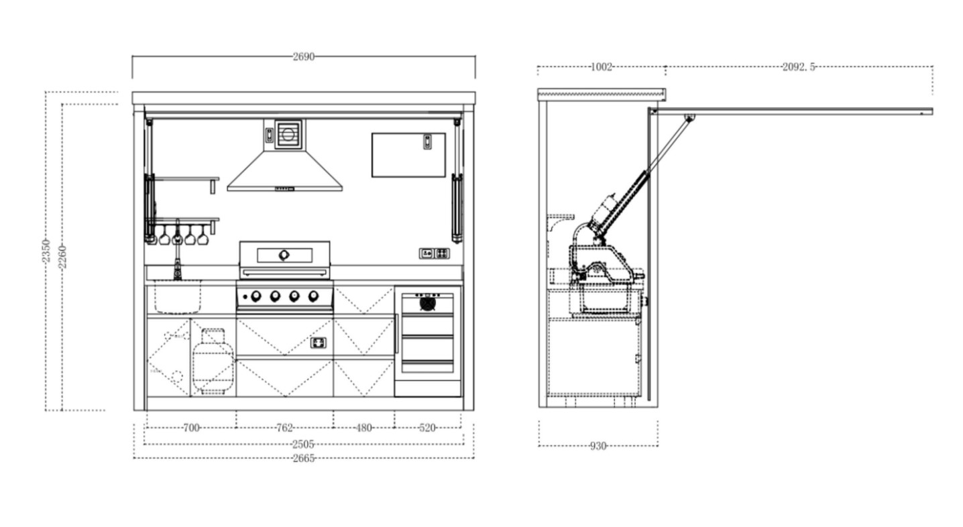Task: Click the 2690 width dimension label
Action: (304, 57)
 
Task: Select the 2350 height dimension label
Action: (46, 251)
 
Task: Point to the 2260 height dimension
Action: (62, 257)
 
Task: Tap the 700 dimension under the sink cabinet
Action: (191, 428)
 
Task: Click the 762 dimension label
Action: (284, 428)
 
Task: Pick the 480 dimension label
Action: (363, 428)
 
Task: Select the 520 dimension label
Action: (427, 428)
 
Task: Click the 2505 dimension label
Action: (304, 444)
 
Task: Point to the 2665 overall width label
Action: (304, 459)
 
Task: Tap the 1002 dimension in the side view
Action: (602, 67)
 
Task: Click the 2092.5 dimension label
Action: (799, 67)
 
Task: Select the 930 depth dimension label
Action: (598, 447)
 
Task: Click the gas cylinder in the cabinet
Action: (213, 361)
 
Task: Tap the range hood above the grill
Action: (284, 171)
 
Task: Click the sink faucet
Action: (177, 251)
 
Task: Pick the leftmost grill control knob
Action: (256, 296)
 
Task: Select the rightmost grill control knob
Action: (313, 296)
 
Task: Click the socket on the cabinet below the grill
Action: (319, 343)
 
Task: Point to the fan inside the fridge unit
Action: (427, 304)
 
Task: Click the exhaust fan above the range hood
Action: (288, 135)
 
